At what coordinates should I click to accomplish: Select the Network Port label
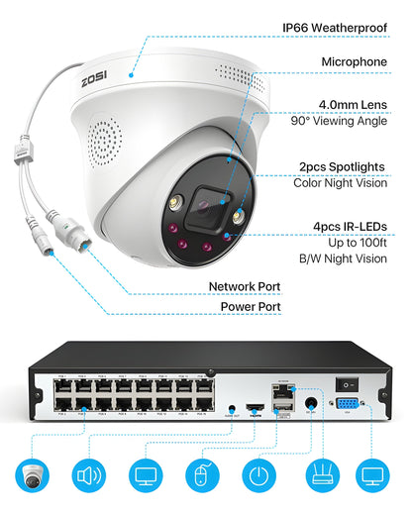244,286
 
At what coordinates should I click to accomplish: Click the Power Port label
250,307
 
